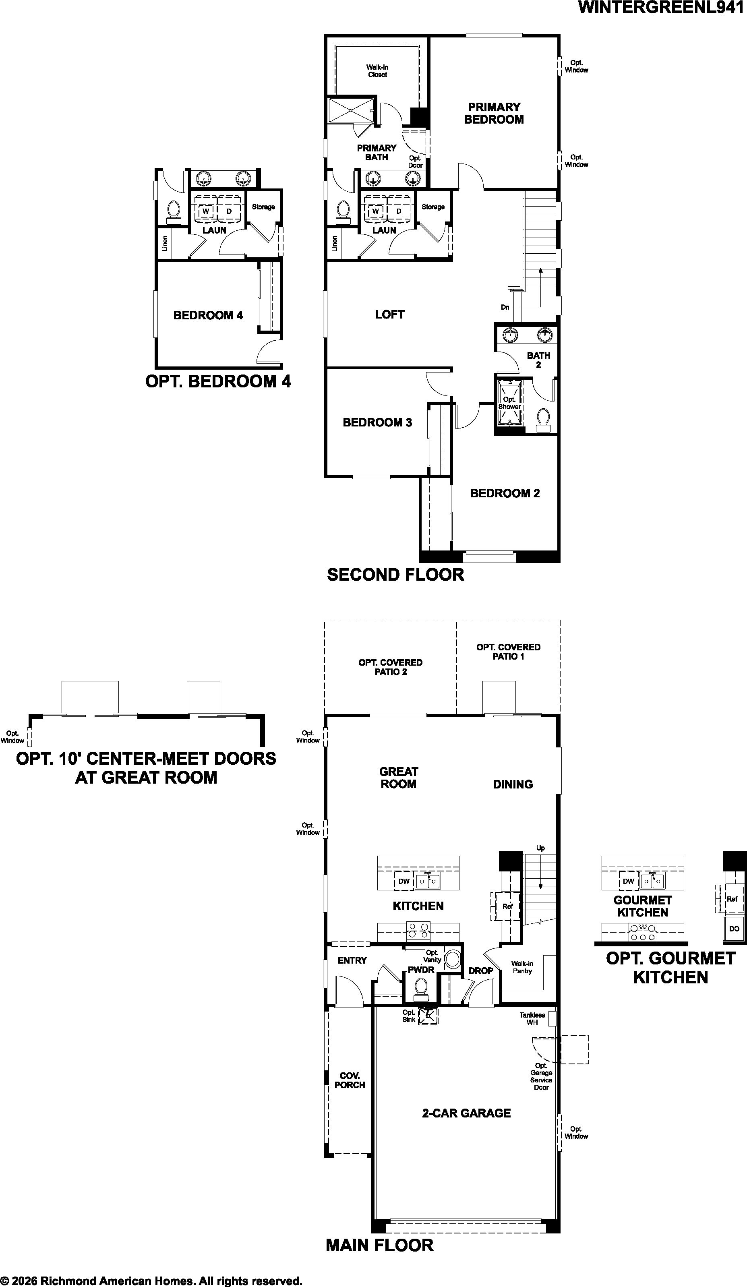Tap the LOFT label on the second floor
(x=389, y=315)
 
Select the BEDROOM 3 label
(x=377, y=422)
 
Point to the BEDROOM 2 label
(x=505, y=493)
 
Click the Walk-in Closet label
(x=377, y=70)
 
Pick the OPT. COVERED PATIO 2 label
(x=391, y=667)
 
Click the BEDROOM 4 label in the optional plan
(x=208, y=315)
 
